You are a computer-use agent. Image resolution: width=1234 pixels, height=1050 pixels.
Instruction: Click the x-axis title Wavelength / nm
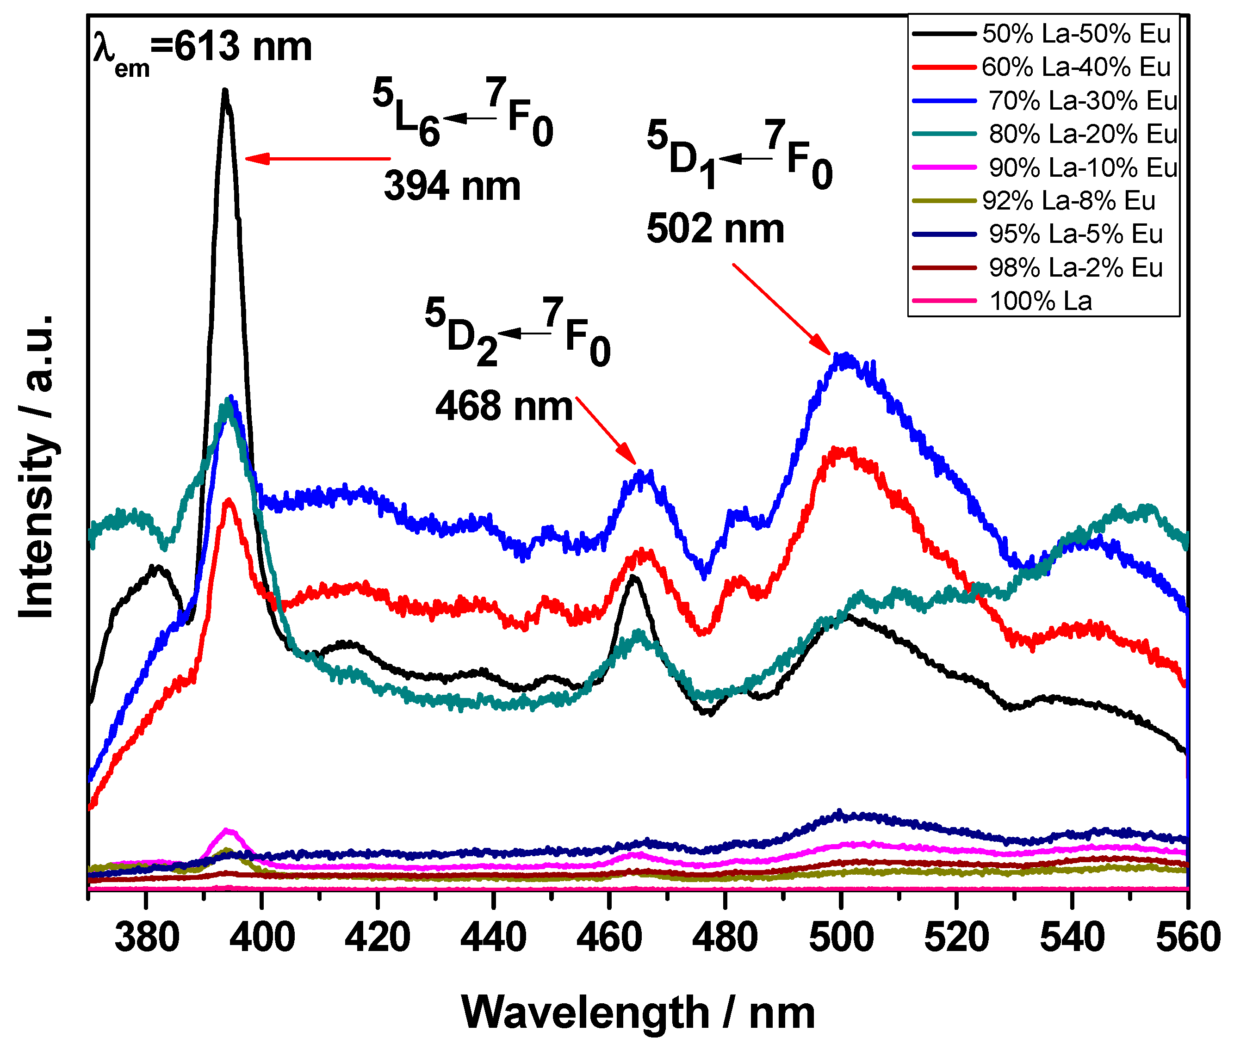coord(638,1012)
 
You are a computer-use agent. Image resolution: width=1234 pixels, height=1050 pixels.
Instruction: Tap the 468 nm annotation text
coord(503,407)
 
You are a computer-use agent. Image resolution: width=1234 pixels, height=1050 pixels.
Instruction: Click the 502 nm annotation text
coord(715,229)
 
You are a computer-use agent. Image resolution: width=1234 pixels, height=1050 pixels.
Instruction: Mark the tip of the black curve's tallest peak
coord(225,91)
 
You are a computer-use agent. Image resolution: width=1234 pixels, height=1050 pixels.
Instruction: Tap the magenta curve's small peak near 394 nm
coord(226,829)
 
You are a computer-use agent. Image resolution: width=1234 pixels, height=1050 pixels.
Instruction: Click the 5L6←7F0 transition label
coord(463,113)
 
